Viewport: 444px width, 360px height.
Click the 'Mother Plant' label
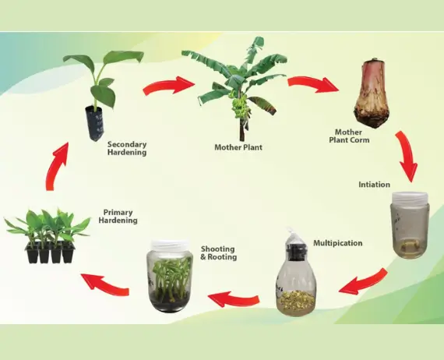(238, 147)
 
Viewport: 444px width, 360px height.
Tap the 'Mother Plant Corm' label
(349, 136)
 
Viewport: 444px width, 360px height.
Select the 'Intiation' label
(375, 185)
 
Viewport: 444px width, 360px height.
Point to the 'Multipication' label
(338, 243)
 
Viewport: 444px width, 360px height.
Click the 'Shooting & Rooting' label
(219, 253)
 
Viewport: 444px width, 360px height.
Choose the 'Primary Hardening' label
(118, 217)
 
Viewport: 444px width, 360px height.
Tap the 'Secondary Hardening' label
(127, 148)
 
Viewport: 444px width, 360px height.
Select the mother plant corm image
(372, 94)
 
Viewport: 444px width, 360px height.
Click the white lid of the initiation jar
(410, 197)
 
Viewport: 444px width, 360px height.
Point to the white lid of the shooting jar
(170, 246)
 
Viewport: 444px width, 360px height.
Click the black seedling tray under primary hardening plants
(50, 252)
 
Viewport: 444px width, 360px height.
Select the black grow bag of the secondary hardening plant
(95, 122)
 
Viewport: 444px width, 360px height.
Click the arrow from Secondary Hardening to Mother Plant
(169, 85)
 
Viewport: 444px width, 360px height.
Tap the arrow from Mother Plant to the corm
(313, 83)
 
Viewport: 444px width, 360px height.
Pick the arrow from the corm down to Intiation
(406, 156)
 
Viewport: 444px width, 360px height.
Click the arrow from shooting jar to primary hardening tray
(106, 283)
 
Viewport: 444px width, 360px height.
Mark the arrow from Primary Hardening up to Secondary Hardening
(55, 167)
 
